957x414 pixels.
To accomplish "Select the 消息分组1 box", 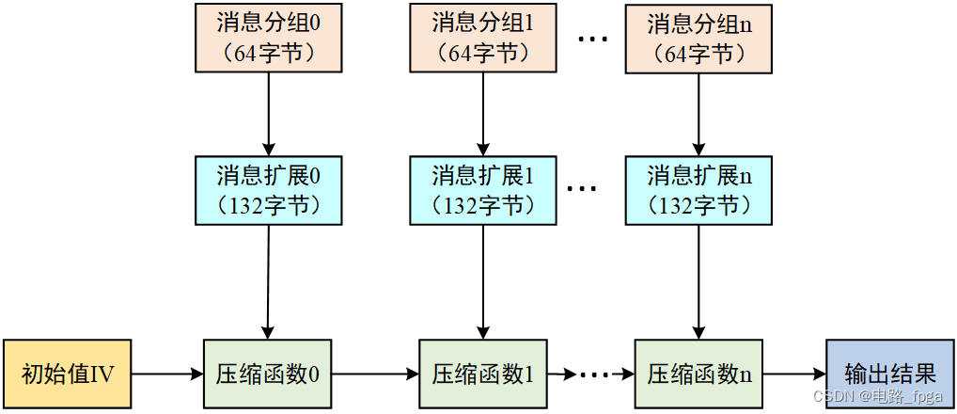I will pyautogui.click(x=482, y=38).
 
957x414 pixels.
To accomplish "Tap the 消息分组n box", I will pyautogui.click(x=698, y=38).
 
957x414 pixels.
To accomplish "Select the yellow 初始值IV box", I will pyautogui.click(x=67, y=374).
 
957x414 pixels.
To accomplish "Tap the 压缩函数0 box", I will pyautogui.click(x=268, y=374).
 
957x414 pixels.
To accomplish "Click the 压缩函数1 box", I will pyautogui.click(x=482, y=374).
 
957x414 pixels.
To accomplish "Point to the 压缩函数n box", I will pyautogui.click(x=698, y=374).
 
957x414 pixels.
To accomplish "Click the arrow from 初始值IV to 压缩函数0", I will pyautogui.click(x=167, y=374).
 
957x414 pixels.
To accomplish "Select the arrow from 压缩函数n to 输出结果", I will pyautogui.click(x=793, y=374).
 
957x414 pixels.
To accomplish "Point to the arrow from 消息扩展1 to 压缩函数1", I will pyautogui.click(x=482, y=282).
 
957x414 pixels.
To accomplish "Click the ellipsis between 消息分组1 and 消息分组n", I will pyautogui.click(x=593, y=40).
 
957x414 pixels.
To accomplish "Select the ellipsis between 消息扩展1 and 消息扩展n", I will pyautogui.click(x=583, y=189).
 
